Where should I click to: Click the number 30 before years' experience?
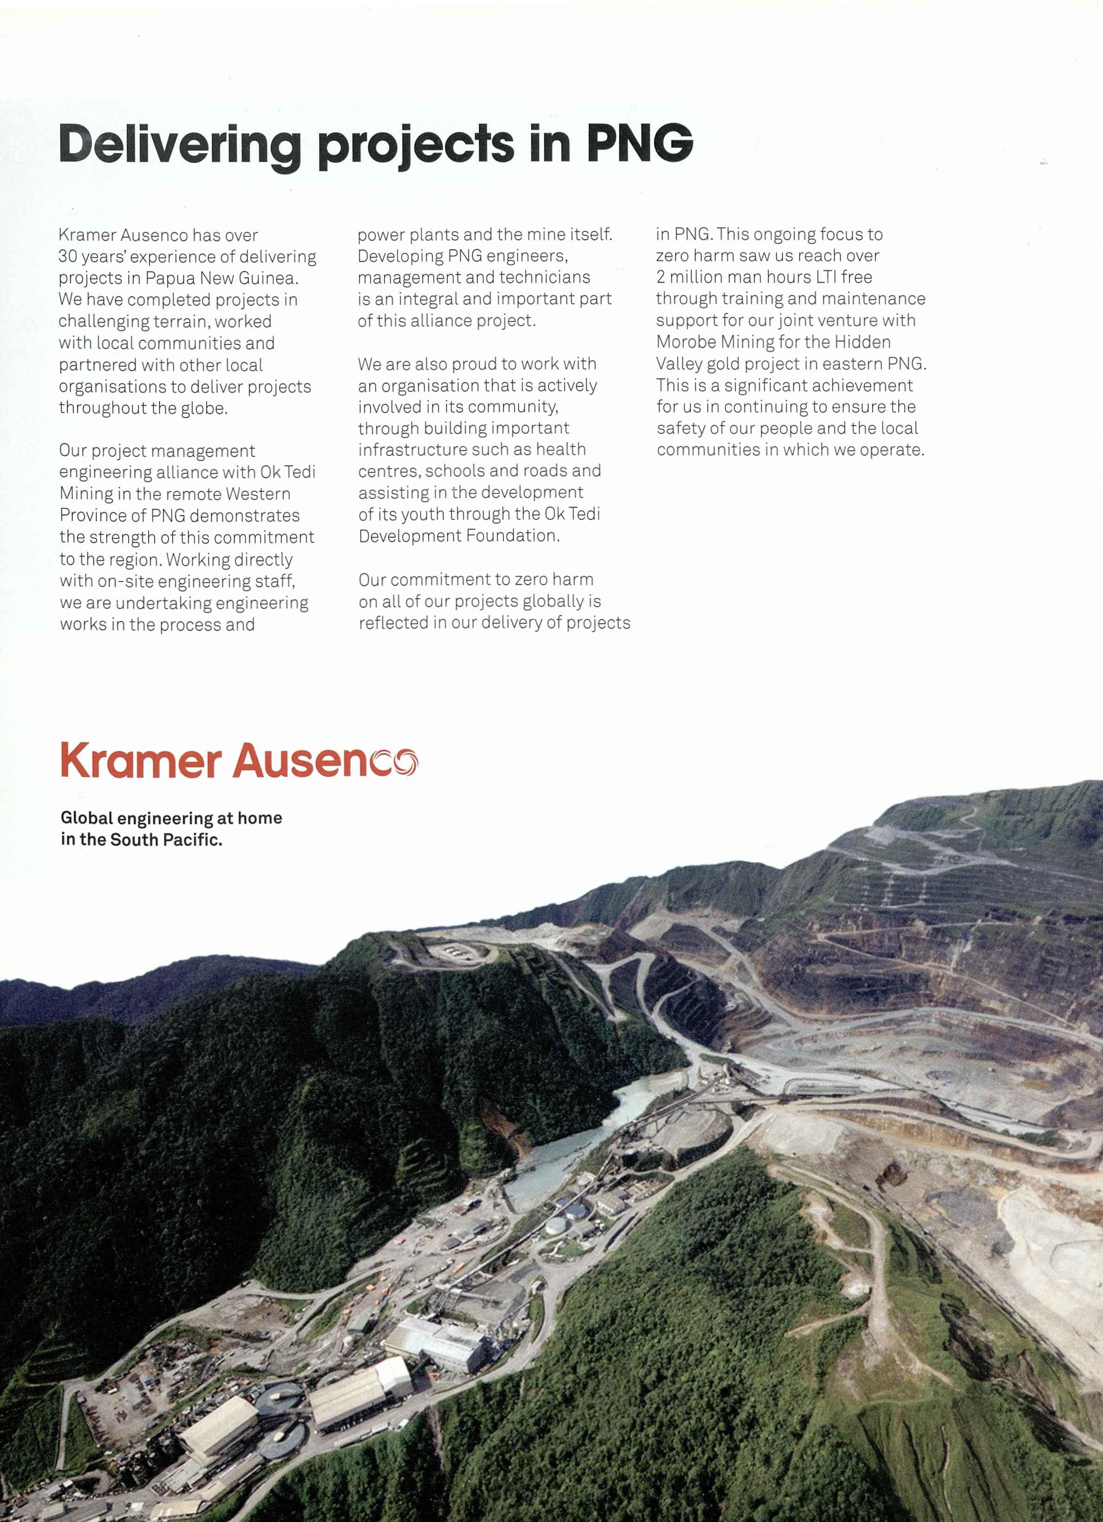click(x=68, y=257)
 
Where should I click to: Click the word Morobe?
click(x=685, y=342)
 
